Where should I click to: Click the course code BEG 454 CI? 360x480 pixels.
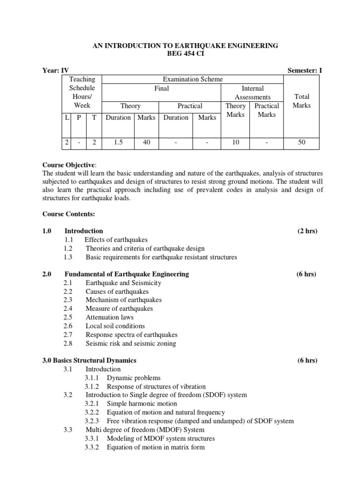[180, 54]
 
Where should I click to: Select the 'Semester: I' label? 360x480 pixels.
[304, 70]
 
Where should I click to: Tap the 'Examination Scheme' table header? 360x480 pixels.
[192, 79]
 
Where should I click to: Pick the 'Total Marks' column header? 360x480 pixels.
[301, 101]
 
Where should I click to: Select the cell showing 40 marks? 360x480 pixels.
[146, 142]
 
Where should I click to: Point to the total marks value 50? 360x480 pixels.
[301, 142]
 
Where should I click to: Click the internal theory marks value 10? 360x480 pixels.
[235, 142]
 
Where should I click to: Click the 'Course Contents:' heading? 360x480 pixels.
[68, 214]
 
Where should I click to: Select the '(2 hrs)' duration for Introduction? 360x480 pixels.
[307, 231]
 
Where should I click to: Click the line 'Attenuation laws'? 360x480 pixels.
[109, 317]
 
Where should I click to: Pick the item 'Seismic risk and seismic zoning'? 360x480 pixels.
[131, 343]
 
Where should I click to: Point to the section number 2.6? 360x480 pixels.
[68, 326]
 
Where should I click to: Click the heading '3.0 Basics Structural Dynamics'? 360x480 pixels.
[89, 360]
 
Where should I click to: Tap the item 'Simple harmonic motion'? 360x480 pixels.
[142, 404]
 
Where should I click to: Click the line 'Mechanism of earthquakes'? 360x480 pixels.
[123, 300]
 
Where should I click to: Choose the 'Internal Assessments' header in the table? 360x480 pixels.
[252, 92]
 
